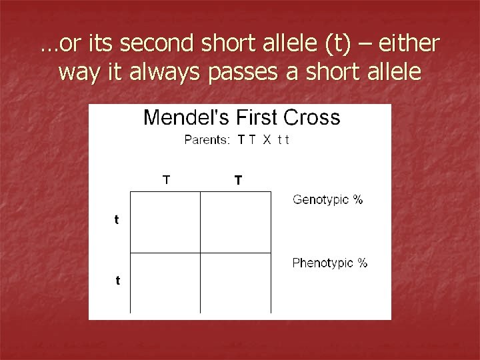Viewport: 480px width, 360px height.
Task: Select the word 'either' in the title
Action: [x=411, y=45]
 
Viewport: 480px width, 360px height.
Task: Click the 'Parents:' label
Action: [x=207, y=139]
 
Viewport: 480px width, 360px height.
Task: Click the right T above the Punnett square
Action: [x=238, y=180]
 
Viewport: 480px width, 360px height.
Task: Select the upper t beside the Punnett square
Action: [x=117, y=219]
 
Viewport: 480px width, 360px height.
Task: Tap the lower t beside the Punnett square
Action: [x=118, y=281]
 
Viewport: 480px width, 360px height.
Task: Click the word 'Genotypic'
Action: [x=321, y=199]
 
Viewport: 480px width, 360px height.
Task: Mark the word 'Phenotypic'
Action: [x=323, y=263]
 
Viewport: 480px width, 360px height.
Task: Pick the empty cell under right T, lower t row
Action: [x=236, y=283]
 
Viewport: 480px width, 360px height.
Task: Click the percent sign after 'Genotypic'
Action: [x=358, y=199]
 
